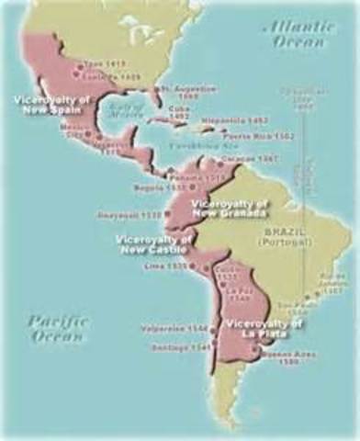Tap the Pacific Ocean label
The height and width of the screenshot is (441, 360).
click(56, 328)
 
